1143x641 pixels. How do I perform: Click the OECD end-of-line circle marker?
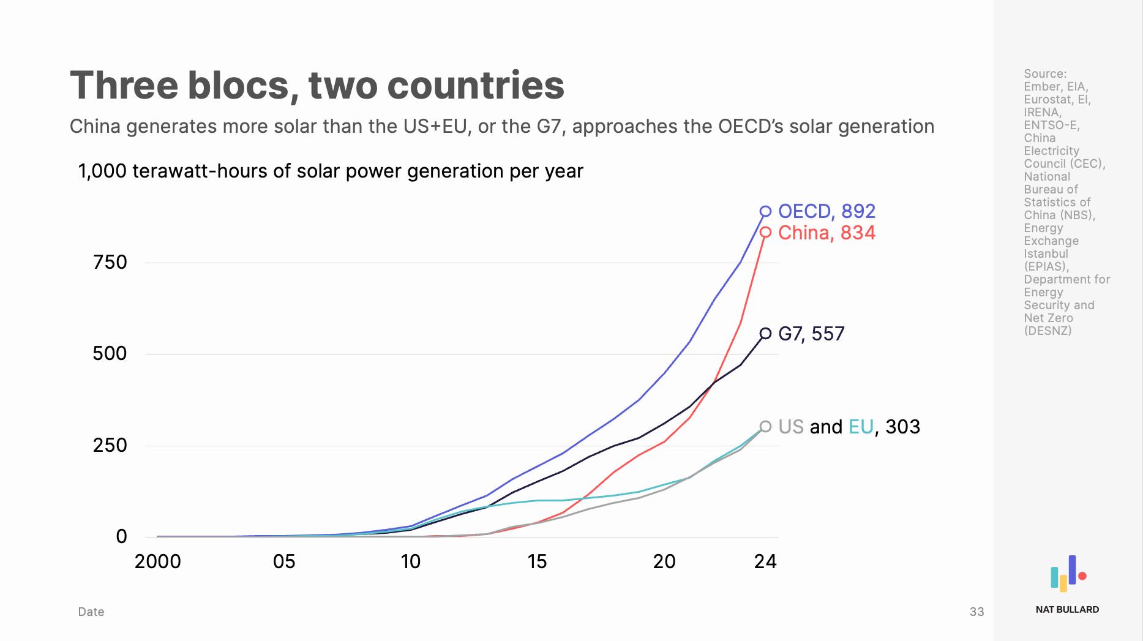[765, 211]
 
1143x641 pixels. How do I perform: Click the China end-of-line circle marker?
[765, 233]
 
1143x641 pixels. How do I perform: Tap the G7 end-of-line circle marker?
[765, 334]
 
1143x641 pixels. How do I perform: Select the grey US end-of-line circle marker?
[765, 427]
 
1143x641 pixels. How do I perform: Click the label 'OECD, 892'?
[826, 211]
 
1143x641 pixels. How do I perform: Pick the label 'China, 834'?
[826, 233]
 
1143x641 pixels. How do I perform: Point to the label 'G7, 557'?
[811, 334]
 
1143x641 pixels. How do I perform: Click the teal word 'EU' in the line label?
[861, 427]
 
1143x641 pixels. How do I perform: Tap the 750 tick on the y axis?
[110, 263]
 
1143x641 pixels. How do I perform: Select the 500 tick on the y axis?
[110, 354]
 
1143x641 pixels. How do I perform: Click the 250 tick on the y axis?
[110, 445]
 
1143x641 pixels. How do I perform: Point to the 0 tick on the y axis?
[121, 537]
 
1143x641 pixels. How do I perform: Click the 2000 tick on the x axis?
[158, 561]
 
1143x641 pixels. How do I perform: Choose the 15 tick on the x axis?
[537, 561]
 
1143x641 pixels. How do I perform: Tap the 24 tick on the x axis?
[765, 561]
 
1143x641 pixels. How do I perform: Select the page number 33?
[976, 612]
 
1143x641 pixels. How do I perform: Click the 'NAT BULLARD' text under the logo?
[1067, 609]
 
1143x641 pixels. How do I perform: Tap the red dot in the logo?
[1082, 575]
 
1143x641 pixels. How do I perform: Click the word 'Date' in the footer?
[91, 612]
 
